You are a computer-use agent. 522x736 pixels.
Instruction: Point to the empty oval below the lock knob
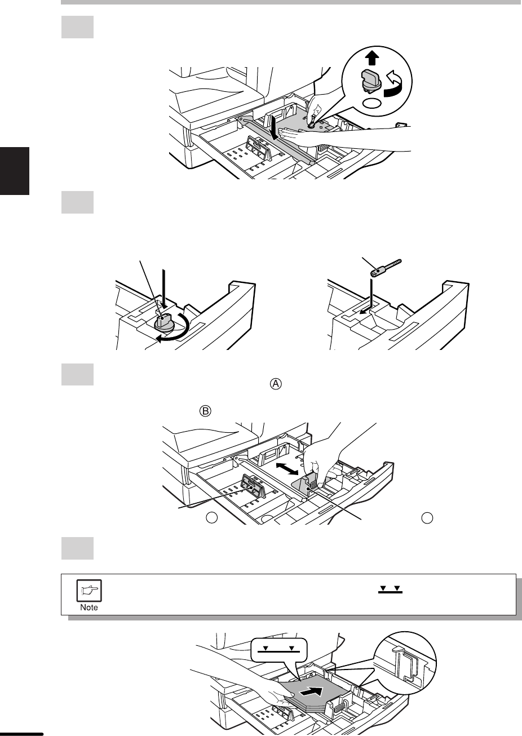(372, 103)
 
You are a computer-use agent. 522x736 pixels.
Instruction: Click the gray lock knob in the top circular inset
(371, 80)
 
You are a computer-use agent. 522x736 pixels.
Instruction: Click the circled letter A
(276, 384)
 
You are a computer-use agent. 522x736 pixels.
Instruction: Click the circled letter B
(205, 411)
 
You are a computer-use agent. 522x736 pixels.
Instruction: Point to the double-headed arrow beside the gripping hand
(287, 468)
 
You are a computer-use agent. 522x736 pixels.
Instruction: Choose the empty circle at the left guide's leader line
(212, 518)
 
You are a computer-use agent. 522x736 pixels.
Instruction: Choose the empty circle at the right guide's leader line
(427, 518)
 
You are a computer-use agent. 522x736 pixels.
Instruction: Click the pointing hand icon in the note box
(89, 591)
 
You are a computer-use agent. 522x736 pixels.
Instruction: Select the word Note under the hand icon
(89, 607)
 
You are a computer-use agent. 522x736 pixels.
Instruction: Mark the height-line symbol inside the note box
(390, 590)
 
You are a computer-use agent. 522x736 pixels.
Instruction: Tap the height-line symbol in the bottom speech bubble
(278, 649)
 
